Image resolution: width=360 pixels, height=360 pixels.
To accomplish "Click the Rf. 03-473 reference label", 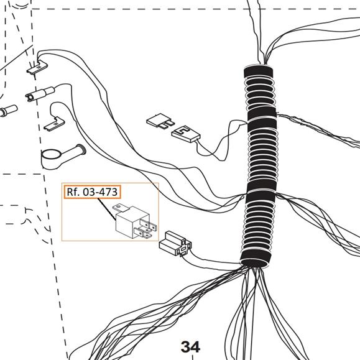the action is click(92, 192).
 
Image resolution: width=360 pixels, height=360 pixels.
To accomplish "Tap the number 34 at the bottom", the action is click(190, 347).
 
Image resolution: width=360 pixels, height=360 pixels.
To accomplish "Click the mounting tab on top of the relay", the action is click(121, 208).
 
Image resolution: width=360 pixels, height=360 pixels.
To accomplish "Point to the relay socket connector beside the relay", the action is click(175, 244).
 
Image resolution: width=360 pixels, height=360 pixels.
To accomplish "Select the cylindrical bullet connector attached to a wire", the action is click(40, 94).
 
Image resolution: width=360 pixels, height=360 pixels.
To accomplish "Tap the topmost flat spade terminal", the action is click(37, 67).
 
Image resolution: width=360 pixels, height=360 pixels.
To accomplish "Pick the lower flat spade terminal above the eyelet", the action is click(54, 124).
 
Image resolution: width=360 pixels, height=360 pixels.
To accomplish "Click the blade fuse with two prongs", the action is click(160, 121).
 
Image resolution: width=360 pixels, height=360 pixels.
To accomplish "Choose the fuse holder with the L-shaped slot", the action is click(186, 134).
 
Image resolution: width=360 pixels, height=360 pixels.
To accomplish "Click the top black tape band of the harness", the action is click(259, 72).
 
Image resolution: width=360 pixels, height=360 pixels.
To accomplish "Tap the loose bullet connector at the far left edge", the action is click(9, 110).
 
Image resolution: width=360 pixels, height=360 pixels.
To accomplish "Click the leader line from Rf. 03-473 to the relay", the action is click(107, 209).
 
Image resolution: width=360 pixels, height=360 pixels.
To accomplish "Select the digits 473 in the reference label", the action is click(109, 192).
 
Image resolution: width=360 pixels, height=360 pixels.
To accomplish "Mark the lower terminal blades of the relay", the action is click(143, 233).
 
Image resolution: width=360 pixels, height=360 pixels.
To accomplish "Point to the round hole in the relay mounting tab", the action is click(118, 207).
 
